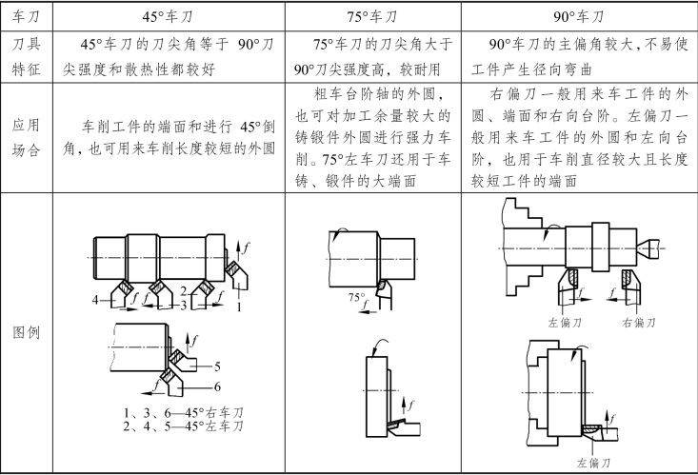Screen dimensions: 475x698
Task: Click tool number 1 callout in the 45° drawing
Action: pyautogui.click(x=239, y=307)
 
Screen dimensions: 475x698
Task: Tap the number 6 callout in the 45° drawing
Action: pyautogui.click(x=217, y=386)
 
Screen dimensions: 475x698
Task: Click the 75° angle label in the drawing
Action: pyautogui.click(x=356, y=298)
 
